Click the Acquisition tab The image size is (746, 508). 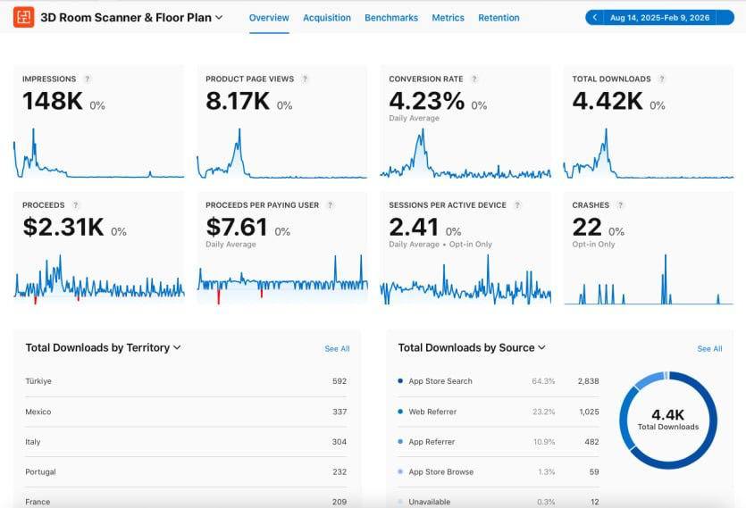(x=326, y=18)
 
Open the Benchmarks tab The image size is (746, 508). (x=390, y=18)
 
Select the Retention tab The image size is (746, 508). (x=499, y=18)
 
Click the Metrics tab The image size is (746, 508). (x=448, y=18)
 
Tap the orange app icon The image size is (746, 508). (x=24, y=17)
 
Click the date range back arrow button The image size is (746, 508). (x=595, y=18)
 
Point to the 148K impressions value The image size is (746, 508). (x=53, y=102)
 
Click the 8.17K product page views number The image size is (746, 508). (x=237, y=102)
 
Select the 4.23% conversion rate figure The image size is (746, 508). (x=426, y=100)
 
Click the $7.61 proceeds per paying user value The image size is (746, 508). (x=236, y=227)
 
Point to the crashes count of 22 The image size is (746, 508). (x=587, y=227)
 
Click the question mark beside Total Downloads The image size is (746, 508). (x=662, y=79)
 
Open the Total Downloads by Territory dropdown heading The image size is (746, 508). (x=103, y=348)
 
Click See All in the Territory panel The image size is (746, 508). (x=337, y=349)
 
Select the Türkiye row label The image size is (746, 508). (x=38, y=381)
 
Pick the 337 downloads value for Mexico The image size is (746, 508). (x=339, y=412)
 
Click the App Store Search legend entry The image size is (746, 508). (x=440, y=381)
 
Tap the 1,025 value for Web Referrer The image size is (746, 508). (x=588, y=412)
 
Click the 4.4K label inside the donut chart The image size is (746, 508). (x=667, y=413)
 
